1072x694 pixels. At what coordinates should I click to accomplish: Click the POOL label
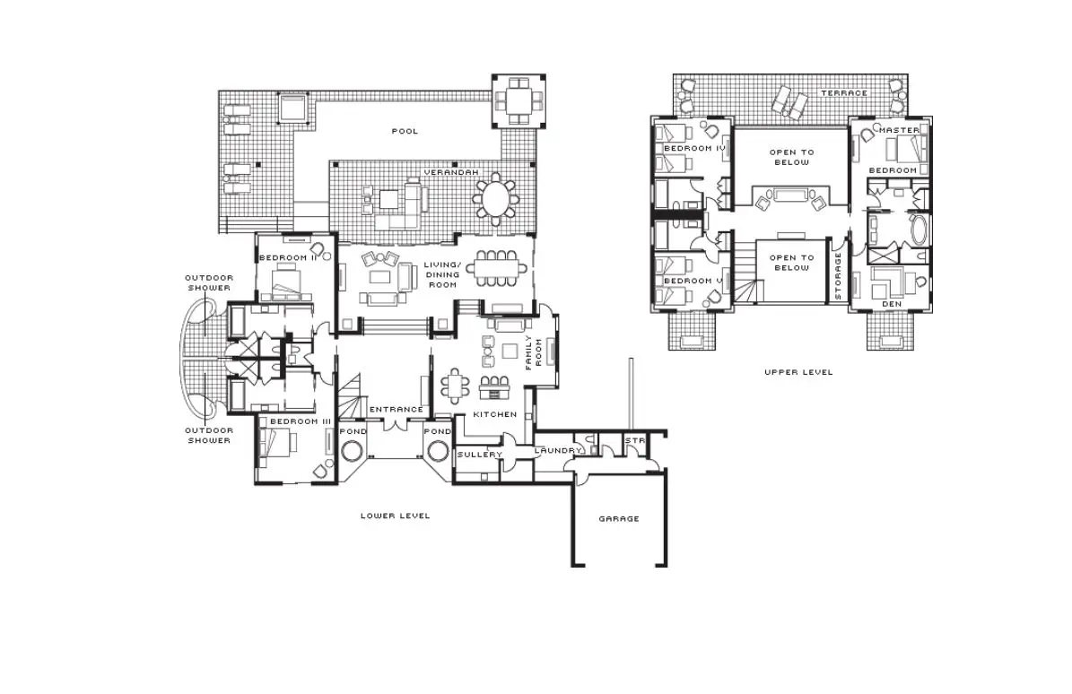click(404, 131)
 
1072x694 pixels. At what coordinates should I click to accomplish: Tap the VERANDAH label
click(451, 173)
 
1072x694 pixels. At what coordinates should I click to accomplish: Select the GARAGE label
click(619, 519)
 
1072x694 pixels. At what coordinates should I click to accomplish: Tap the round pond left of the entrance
click(353, 452)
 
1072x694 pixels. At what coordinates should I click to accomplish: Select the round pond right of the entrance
click(438, 452)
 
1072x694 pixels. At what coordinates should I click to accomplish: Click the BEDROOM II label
click(287, 258)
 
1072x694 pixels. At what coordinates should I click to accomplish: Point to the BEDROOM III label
click(301, 422)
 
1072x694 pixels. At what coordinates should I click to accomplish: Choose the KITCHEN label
click(495, 414)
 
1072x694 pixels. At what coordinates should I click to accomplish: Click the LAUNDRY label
click(558, 451)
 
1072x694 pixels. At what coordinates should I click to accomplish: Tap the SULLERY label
click(479, 455)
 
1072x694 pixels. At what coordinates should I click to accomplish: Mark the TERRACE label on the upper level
click(844, 93)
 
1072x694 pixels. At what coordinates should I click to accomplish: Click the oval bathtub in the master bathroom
click(919, 230)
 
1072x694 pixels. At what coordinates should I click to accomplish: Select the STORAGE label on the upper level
click(838, 276)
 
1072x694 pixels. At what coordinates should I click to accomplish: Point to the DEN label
click(892, 304)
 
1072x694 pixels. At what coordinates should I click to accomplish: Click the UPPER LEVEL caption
click(798, 372)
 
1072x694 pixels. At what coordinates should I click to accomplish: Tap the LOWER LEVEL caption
click(396, 516)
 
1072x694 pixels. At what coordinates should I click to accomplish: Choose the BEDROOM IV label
click(694, 148)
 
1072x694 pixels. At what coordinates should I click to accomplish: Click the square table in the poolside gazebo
click(519, 101)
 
